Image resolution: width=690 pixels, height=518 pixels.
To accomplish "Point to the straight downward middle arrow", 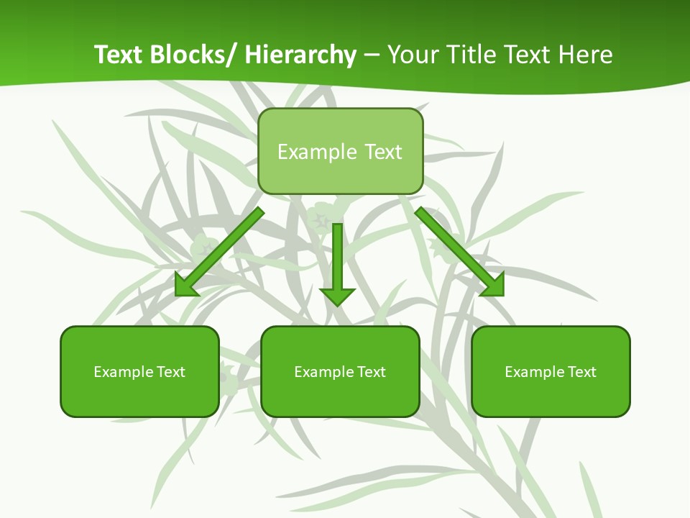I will (337, 259).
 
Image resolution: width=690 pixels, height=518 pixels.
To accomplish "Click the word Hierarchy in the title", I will (300, 55).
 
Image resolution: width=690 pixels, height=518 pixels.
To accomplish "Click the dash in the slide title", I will (372, 55).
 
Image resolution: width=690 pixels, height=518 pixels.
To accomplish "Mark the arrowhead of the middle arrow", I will (337, 296).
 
